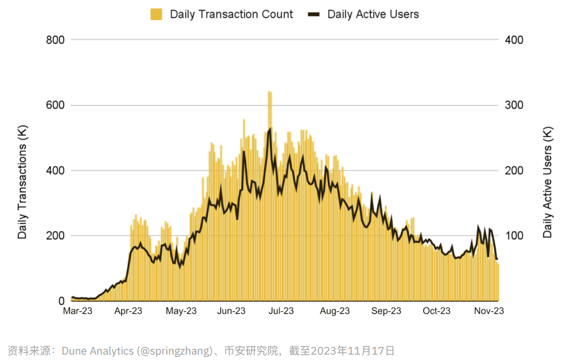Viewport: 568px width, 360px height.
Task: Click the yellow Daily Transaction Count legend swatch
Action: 156,14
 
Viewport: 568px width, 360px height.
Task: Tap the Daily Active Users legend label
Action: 373,14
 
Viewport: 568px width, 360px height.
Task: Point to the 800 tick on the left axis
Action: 55,40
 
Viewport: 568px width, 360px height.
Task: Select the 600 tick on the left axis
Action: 55,106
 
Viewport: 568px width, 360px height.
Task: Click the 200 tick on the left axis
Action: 55,236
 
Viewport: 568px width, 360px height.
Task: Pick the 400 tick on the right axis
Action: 514,40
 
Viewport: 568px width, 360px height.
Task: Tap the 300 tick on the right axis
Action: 514,106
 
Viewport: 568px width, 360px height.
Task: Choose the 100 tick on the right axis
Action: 514,236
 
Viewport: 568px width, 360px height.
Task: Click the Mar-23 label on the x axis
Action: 78,311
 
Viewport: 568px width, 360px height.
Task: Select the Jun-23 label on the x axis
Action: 231,311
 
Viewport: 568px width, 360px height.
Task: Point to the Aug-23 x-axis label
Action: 335,311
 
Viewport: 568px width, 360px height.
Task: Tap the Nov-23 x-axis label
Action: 489,311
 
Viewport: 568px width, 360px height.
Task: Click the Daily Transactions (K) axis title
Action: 23,171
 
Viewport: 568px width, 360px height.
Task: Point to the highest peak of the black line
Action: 270,128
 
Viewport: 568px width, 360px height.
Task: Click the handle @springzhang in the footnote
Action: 175,350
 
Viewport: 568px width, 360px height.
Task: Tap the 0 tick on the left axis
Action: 60,301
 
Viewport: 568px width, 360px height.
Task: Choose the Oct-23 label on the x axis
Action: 437,311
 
